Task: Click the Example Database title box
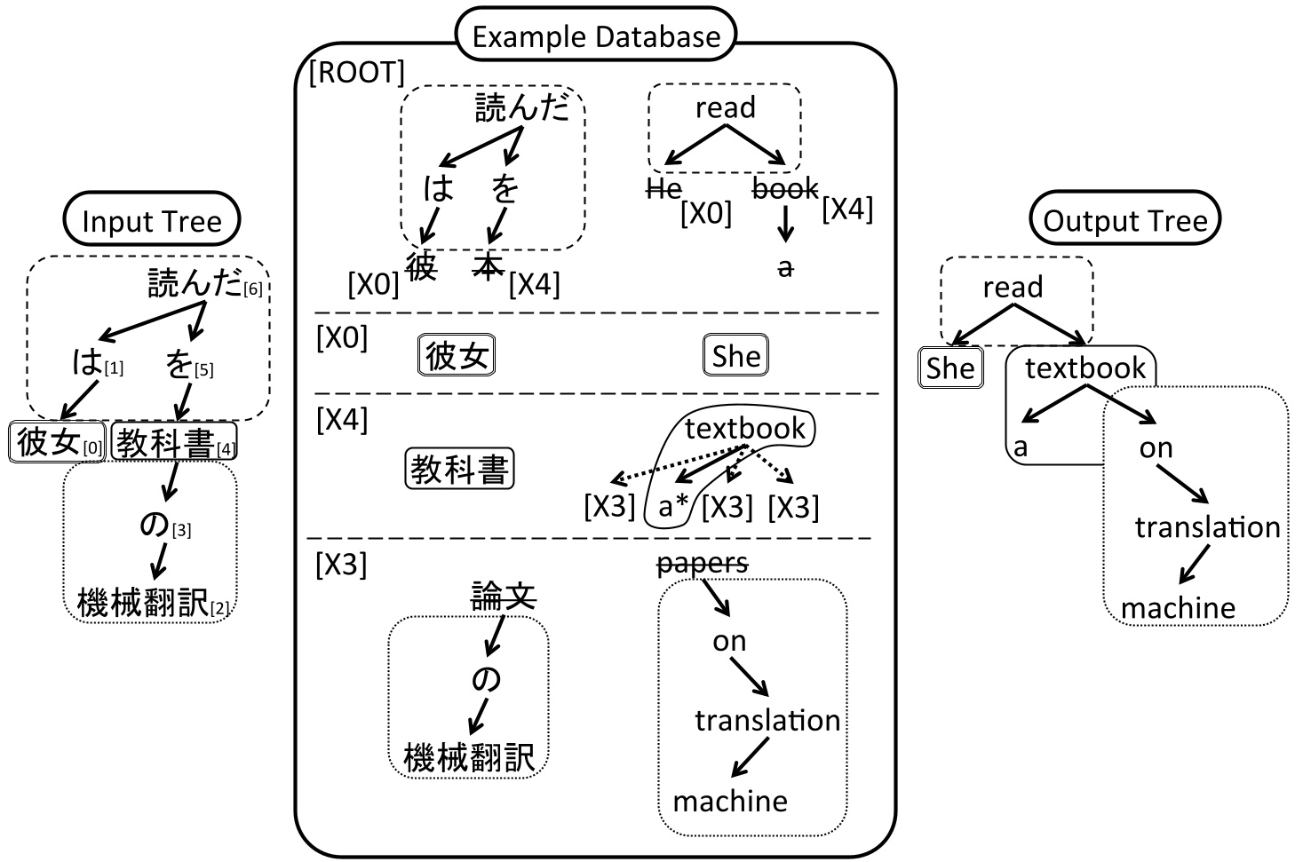point(595,36)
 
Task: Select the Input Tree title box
point(151,221)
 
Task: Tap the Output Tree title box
point(1124,221)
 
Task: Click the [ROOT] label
point(357,72)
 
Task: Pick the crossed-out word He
point(663,187)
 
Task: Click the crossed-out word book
point(785,187)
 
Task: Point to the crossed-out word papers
point(702,563)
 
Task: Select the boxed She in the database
point(735,356)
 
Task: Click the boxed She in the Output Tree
point(950,368)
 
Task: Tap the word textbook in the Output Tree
point(1085,368)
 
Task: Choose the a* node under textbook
point(673,507)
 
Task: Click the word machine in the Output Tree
point(1178,608)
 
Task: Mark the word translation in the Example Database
point(767,720)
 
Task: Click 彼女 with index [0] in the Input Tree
point(49,441)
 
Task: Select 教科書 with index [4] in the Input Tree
point(166,442)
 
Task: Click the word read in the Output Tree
point(1013,287)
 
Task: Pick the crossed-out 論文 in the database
point(503,596)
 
